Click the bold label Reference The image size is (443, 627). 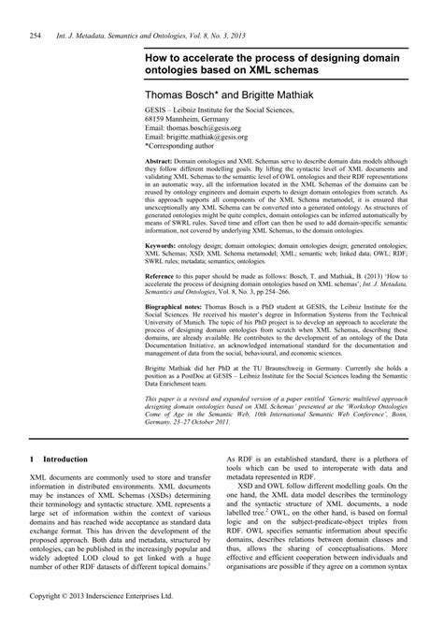[163, 277]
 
